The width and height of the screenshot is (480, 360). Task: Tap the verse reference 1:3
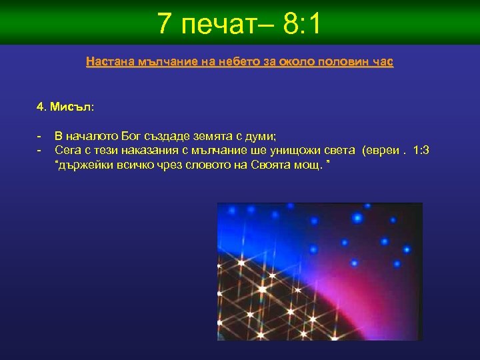coord(421,151)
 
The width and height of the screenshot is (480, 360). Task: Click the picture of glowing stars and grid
coord(319,271)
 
